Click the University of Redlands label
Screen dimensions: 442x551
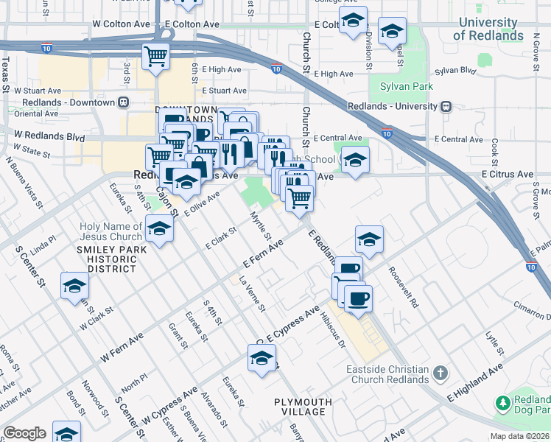click(x=488, y=29)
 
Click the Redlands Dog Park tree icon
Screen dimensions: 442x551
click(x=503, y=403)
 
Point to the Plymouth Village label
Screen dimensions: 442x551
click(x=303, y=407)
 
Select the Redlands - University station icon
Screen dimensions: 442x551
click(x=446, y=106)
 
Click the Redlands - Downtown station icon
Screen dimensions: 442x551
click(x=124, y=102)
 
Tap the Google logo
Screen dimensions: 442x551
click(x=24, y=433)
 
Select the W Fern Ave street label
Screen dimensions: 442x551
click(x=122, y=347)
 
